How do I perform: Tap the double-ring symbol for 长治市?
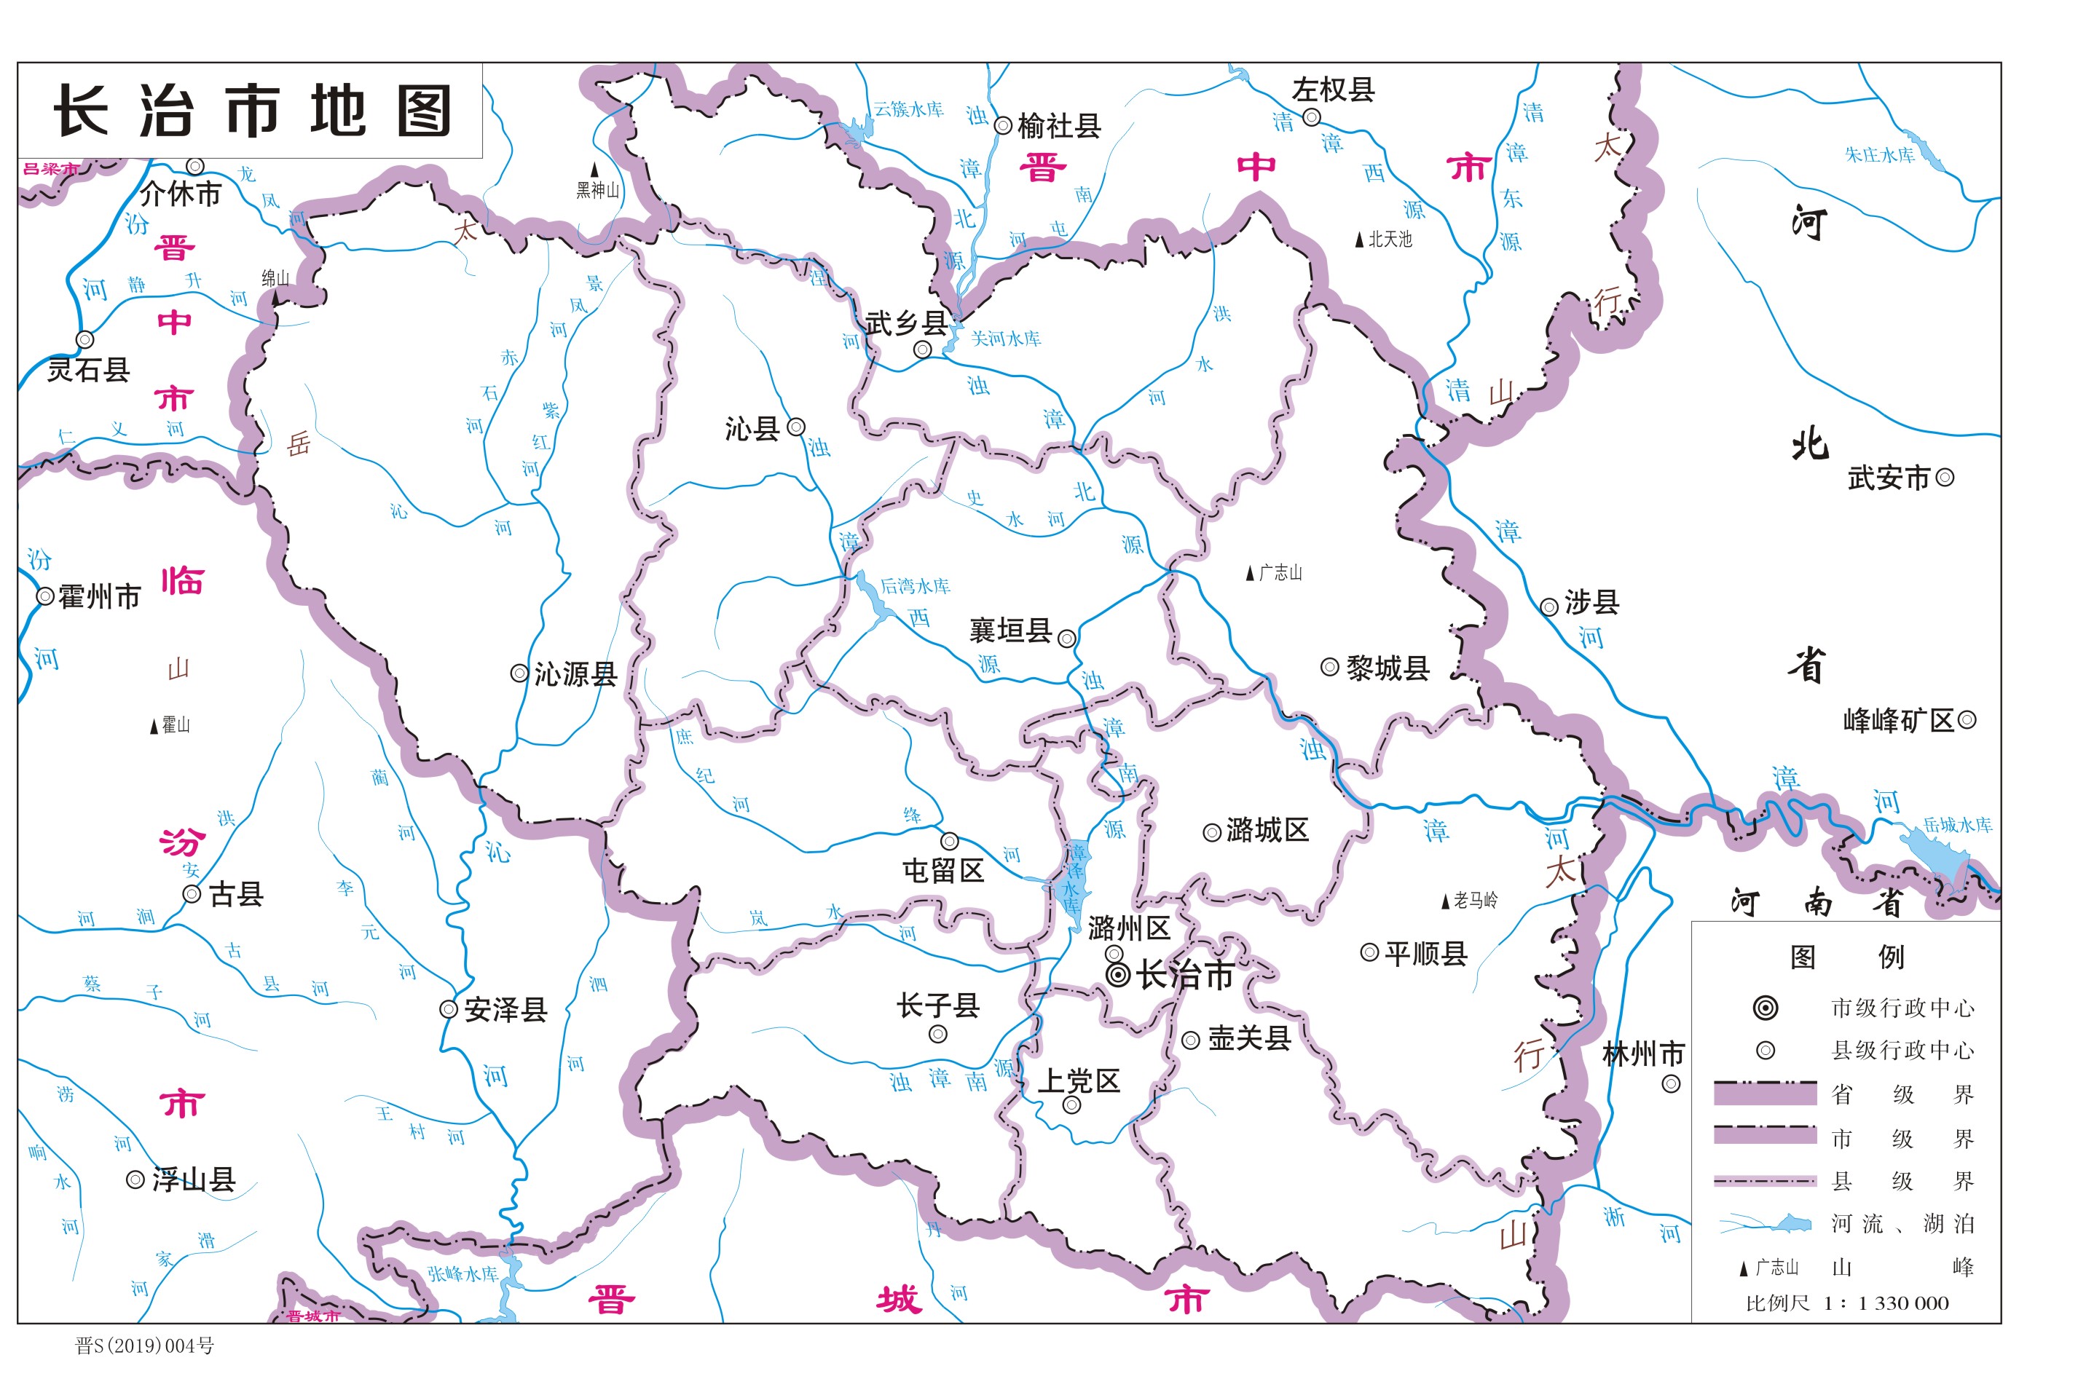click(1118, 975)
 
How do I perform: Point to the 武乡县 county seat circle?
click(922, 349)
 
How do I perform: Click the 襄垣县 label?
click(1010, 631)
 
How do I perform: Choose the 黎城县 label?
click(1387, 668)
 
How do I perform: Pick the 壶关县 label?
click(1249, 1038)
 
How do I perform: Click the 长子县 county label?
click(937, 1005)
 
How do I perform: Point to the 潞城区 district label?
click(1267, 831)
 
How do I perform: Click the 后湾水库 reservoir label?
click(915, 585)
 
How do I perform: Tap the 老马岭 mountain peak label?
click(1476, 901)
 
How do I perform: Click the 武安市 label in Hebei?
click(1888, 478)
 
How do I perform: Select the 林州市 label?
click(1642, 1054)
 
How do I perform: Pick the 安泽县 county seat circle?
click(449, 1009)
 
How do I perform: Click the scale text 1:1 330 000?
click(1886, 1303)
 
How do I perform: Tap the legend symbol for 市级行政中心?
click(1766, 1008)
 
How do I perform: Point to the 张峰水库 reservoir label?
click(463, 1273)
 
